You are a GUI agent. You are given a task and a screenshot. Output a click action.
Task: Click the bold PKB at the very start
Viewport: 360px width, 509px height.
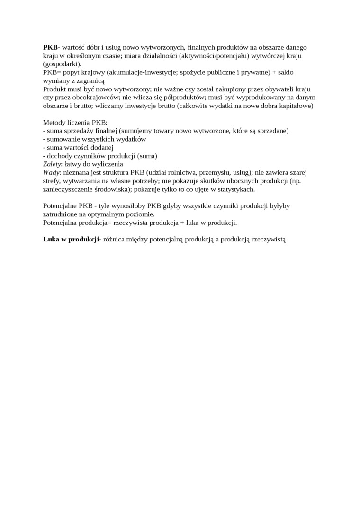click(50, 47)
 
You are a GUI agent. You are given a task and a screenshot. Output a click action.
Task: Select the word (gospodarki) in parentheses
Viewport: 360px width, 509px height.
click(62, 64)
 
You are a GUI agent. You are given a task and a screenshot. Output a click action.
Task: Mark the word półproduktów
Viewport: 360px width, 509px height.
click(182, 98)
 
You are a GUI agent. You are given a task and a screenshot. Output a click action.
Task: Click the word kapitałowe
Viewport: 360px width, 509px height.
click(296, 106)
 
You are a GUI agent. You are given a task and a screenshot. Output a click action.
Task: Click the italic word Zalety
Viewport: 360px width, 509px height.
click(52, 164)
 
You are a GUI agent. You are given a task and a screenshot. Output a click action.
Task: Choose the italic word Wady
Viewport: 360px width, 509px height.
click(51, 173)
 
